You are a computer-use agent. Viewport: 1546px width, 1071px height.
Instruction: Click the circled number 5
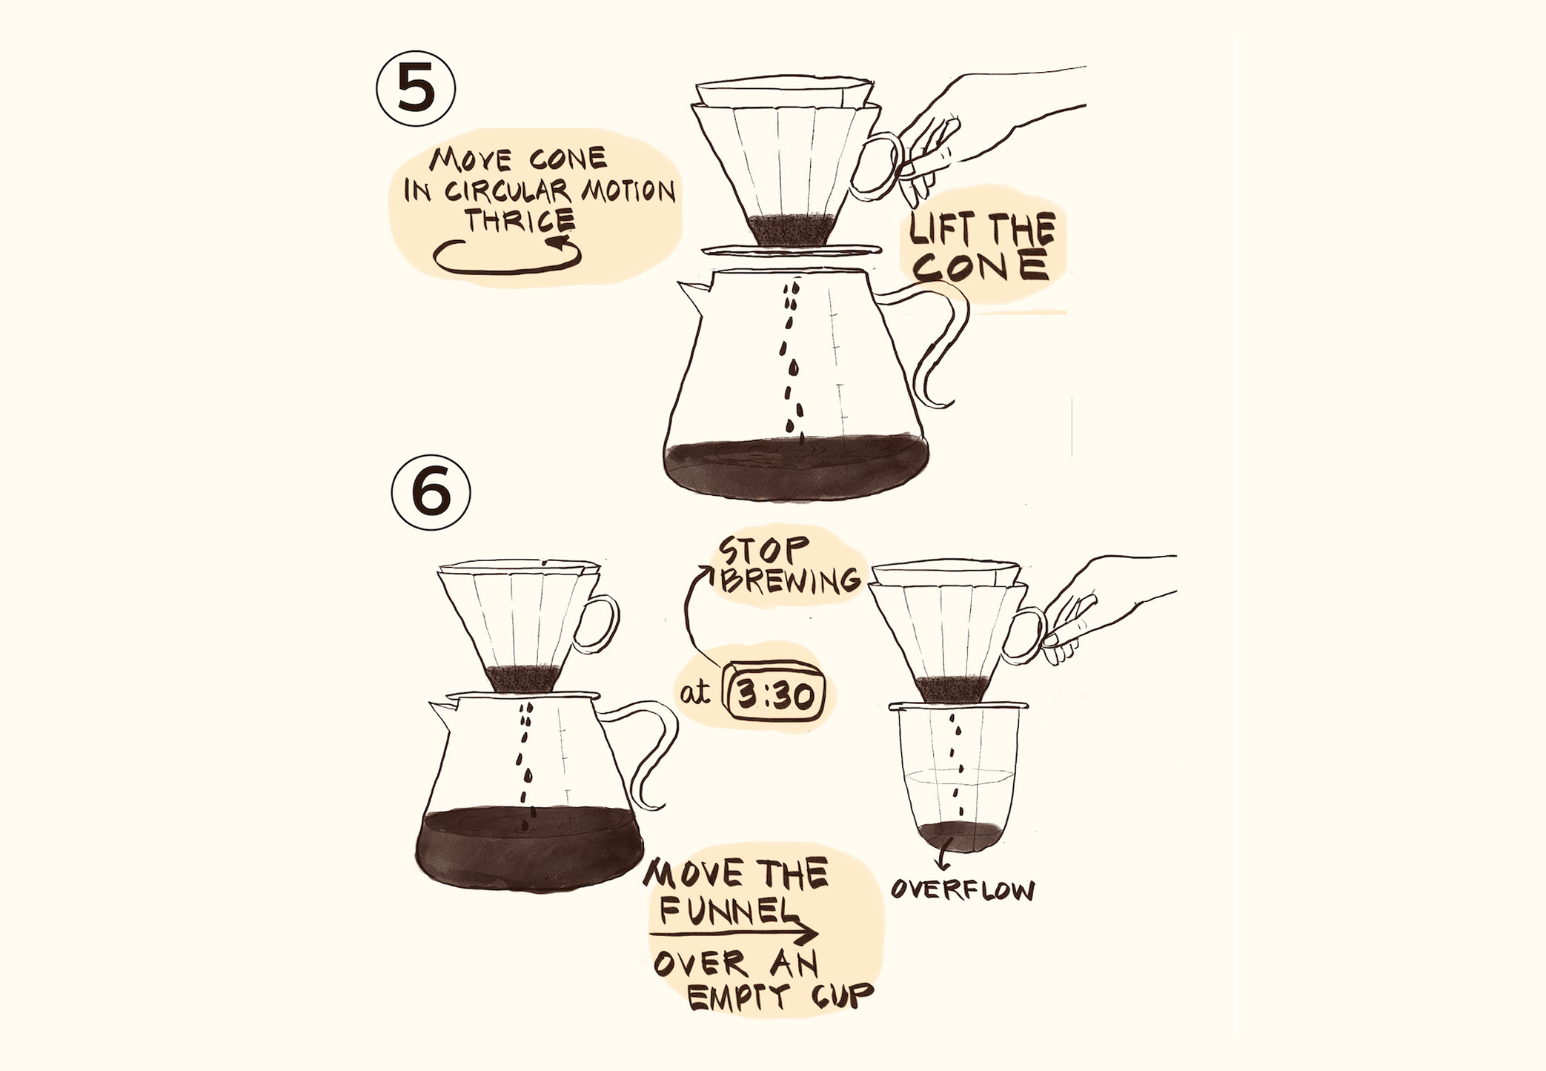416,89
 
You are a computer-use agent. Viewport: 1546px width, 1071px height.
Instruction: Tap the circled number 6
431,492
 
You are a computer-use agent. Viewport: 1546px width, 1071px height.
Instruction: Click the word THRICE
520,220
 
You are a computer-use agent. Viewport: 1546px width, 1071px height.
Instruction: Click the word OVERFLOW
963,889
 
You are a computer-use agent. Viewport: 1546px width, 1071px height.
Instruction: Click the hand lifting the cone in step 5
986,133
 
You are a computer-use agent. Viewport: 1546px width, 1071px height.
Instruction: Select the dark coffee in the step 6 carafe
528,849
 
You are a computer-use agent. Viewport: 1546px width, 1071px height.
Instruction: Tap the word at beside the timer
694,693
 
